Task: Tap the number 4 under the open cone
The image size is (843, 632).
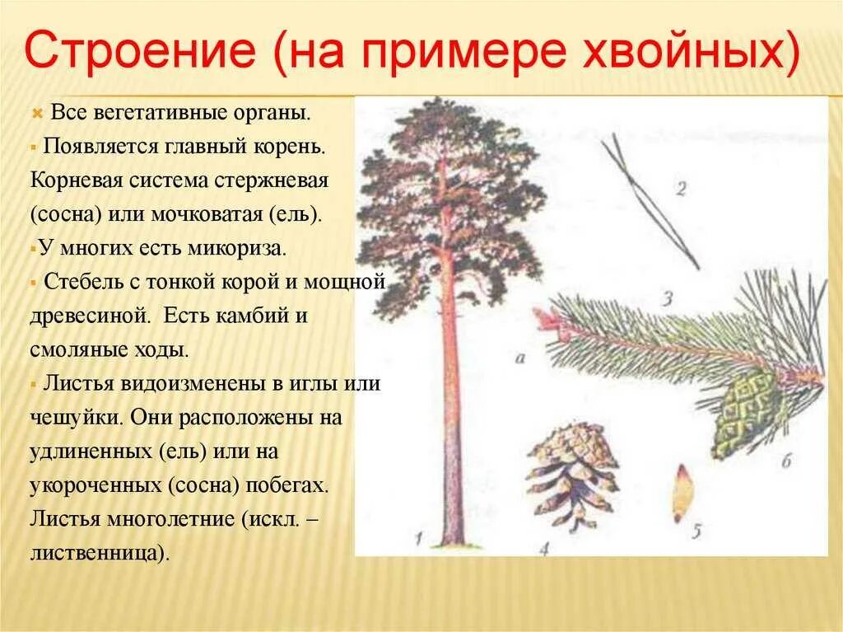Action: pos(545,548)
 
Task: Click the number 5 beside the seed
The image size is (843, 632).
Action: pos(697,532)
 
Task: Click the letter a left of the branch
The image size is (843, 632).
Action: pos(519,357)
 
